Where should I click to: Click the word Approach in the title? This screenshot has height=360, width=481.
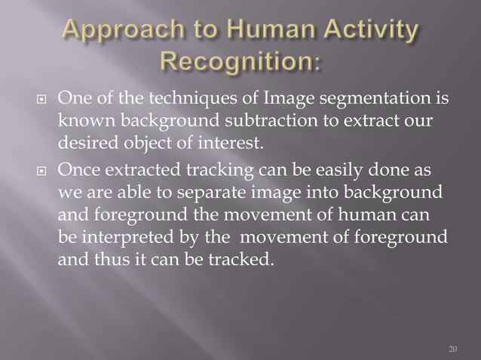[122, 34]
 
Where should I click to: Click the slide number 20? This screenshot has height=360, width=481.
[452, 349]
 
